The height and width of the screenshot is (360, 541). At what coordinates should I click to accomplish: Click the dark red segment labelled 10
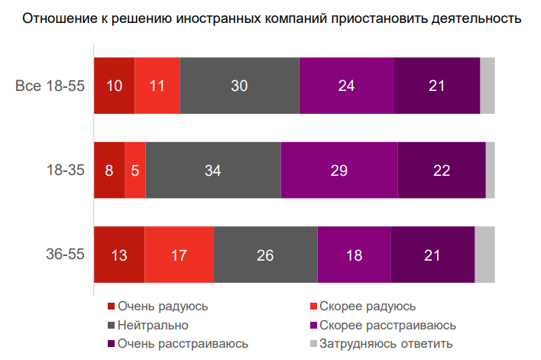[114, 86]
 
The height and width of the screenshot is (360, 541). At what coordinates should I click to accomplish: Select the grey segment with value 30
[239, 86]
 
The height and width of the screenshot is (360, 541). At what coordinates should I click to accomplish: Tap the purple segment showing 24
[346, 86]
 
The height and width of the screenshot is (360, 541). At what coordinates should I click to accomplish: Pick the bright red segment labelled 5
[134, 170]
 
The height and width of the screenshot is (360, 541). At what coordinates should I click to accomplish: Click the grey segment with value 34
[212, 170]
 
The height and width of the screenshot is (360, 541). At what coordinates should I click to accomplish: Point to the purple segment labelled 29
[339, 170]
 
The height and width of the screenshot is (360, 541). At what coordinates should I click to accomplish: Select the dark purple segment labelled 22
[442, 170]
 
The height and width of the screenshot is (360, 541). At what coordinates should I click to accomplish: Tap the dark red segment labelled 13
[119, 255]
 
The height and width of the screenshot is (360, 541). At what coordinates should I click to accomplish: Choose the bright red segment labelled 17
[179, 255]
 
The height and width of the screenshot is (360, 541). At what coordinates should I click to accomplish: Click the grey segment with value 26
[265, 255]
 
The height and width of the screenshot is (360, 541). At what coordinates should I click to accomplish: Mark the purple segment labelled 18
[354, 255]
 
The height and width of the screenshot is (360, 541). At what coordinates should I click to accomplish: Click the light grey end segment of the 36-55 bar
[484, 255]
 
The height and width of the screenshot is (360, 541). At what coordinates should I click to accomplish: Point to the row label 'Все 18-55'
[50, 86]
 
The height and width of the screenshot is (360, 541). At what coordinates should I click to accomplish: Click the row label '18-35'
[65, 170]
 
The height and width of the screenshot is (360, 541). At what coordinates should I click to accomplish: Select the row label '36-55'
[65, 255]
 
